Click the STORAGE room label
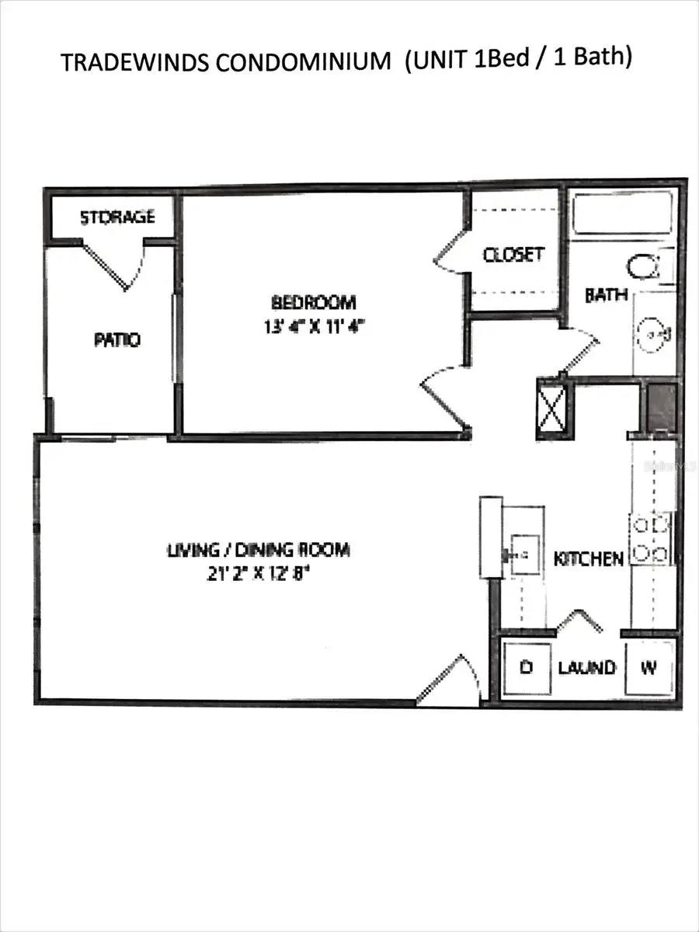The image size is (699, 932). click(117, 217)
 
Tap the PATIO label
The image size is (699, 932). click(117, 339)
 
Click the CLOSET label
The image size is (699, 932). click(513, 255)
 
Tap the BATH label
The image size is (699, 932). click(607, 295)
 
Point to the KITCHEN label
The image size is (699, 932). click(588, 558)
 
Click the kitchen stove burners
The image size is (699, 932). click(651, 539)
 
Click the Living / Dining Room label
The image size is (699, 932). click(259, 551)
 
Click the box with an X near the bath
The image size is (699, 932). click(553, 406)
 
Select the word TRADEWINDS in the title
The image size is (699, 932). click(133, 63)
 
